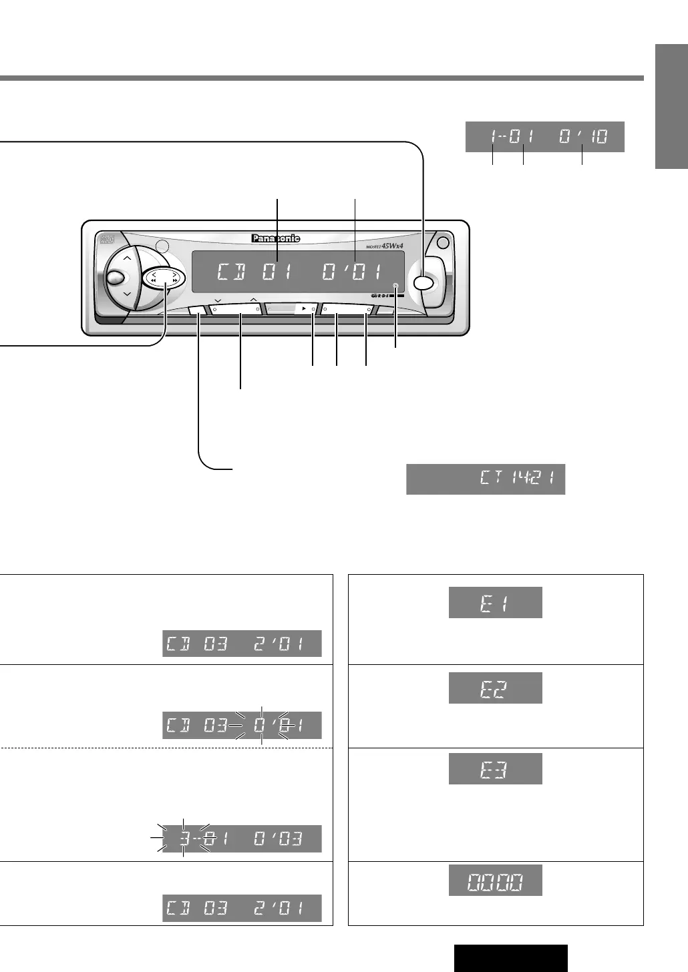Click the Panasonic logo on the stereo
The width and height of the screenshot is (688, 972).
pos(276,238)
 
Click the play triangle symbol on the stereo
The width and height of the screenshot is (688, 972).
pos(304,309)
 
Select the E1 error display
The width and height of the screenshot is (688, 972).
pos(495,602)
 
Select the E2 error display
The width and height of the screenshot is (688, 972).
pos(495,688)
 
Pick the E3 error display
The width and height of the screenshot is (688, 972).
pos(495,768)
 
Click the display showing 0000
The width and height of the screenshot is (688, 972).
pos(495,880)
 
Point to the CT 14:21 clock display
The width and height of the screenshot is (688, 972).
pos(486,479)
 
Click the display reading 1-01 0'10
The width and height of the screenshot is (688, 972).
pos(544,137)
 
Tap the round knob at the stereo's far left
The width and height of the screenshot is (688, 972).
pos(114,278)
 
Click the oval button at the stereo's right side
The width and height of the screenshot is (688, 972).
pos(423,282)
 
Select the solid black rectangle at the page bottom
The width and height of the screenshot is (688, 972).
pos(510,958)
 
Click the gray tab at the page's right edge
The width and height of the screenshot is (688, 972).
pos(671,107)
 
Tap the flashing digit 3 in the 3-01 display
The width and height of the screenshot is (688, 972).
pos(183,838)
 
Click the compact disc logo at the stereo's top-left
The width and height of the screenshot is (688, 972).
pos(108,238)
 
